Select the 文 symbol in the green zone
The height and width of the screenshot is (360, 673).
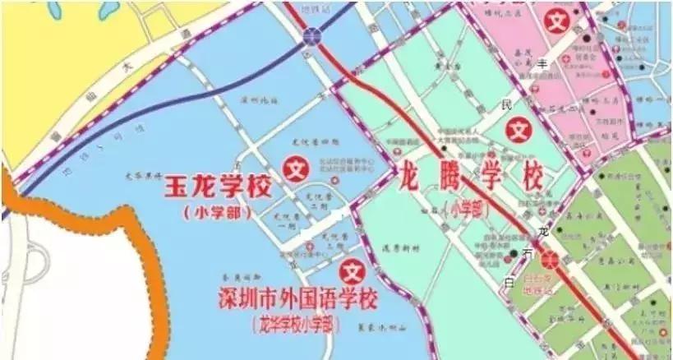[x=518, y=129]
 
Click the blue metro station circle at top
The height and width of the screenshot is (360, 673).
[x=311, y=35]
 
